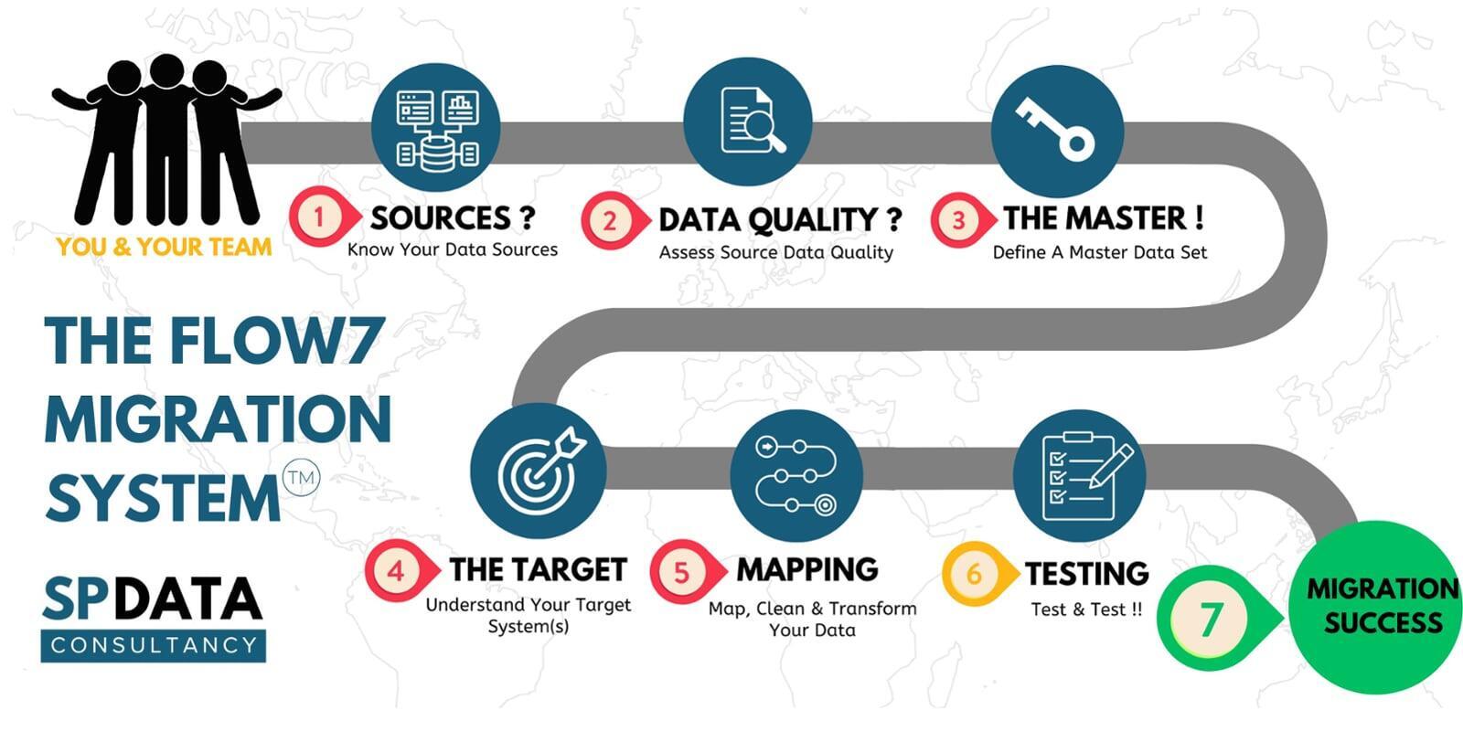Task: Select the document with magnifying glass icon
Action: [752, 120]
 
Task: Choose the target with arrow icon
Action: [541, 470]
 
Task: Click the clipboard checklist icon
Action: [1084, 476]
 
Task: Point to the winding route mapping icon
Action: [796, 476]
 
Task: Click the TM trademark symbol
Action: [301, 478]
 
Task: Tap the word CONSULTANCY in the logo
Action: [155, 645]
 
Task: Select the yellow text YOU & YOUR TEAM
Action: [164, 247]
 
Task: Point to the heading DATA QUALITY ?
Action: [781, 219]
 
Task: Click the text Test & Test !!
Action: [1087, 609]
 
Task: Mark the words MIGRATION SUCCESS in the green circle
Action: [1383, 606]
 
